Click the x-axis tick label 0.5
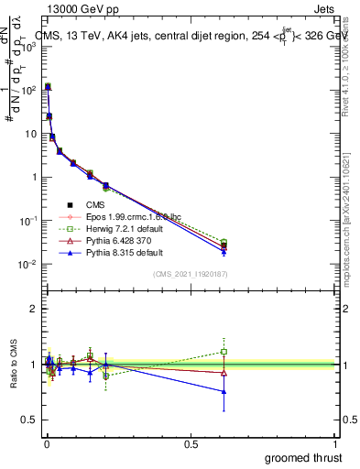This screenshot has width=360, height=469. coord(191,444)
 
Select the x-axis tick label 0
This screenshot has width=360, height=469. coord(46,444)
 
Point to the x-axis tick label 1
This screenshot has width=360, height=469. coord(336,444)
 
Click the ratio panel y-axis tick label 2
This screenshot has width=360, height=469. coord(34,309)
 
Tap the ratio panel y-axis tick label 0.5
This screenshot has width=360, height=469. coord(29,420)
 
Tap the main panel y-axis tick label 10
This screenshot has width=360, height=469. coord(33,134)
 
